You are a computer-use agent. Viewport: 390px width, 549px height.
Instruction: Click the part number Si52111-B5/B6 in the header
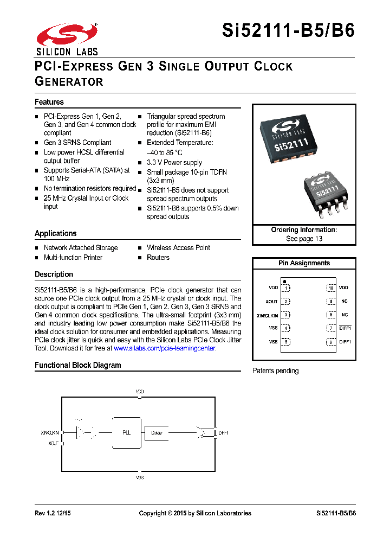click(289, 30)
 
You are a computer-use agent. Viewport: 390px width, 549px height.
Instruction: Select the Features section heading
click(49, 102)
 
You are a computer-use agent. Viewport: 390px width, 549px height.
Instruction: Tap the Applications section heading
click(56, 233)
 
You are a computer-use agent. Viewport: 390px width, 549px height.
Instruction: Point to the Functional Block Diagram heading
click(78, 365)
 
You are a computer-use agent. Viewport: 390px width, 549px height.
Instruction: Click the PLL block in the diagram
click(126, 433)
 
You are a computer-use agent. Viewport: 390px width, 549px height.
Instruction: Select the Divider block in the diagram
click(157, 433)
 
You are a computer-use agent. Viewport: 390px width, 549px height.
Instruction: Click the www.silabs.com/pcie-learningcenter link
click(165, 348)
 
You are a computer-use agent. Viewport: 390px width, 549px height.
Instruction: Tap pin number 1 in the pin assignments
click(285, 288)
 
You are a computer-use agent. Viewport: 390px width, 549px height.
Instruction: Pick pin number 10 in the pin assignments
click(330, 288)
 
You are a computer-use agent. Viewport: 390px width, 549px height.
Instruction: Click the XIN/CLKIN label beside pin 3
click(266, 315)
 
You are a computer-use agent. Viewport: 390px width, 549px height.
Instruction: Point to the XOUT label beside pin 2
click(271, 302)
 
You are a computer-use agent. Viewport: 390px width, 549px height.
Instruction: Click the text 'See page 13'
click(304, 239)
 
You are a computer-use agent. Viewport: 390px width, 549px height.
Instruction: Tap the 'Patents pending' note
click(276, 371)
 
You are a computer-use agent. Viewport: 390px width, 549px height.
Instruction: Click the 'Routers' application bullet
click(158, 258)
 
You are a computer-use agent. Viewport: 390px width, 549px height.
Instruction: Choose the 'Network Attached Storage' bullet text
click(81, 248)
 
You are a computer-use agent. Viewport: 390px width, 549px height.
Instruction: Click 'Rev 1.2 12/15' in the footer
click(53, 513)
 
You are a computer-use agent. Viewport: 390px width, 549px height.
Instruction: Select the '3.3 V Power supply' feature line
click(174, 162)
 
